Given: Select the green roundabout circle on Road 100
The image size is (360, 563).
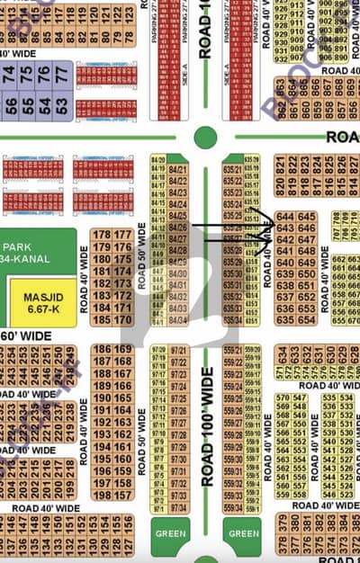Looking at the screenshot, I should point(205,138).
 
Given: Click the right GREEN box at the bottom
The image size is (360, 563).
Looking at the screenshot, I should point(243,533).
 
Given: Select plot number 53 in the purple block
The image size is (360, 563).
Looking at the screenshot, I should point(62,105).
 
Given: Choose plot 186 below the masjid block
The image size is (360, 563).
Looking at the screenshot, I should point(100,349).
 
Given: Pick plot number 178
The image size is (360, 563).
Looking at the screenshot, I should point(100,235).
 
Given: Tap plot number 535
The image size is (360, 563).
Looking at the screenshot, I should point(328,398).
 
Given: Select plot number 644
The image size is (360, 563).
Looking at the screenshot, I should point(286,217).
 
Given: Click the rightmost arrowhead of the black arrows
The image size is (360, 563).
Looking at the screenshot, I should point(270,220).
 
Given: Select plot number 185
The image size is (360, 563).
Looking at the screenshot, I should point(100,319).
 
